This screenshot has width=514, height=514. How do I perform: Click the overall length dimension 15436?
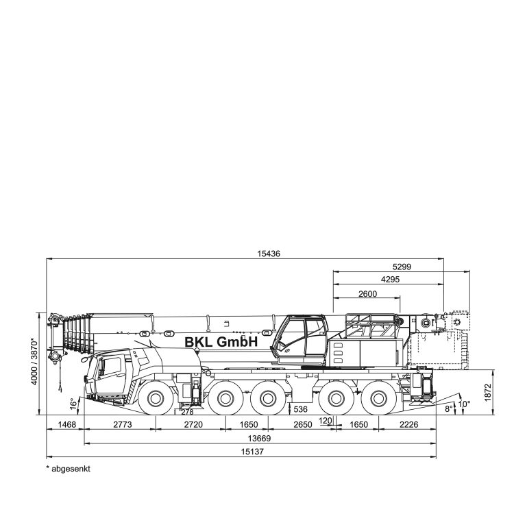(269, 254)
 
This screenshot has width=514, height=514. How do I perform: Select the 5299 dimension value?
(402, 267)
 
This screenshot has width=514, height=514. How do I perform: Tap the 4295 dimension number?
(391, 280)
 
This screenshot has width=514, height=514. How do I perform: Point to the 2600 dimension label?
(367, 294)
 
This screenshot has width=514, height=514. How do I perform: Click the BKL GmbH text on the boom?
(221, 342)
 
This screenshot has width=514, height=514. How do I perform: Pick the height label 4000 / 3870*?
(34, 361)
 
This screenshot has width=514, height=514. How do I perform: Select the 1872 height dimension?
(488, 393)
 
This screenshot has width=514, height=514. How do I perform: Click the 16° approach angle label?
(74, 404)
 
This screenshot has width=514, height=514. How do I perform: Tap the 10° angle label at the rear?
(464, 404)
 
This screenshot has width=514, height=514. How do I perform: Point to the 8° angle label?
(448, 408)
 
